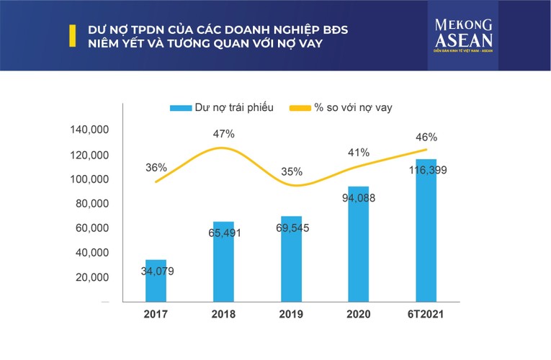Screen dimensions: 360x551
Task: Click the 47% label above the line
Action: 223,134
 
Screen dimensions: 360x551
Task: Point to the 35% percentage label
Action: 292,172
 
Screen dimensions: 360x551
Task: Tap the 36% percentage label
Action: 156,167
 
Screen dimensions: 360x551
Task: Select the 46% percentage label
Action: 426,137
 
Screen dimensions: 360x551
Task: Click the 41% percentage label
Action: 359,152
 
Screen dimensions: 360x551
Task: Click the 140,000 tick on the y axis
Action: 89,130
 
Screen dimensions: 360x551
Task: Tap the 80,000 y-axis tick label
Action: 91,204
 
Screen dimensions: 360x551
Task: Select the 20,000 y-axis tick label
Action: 91,277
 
